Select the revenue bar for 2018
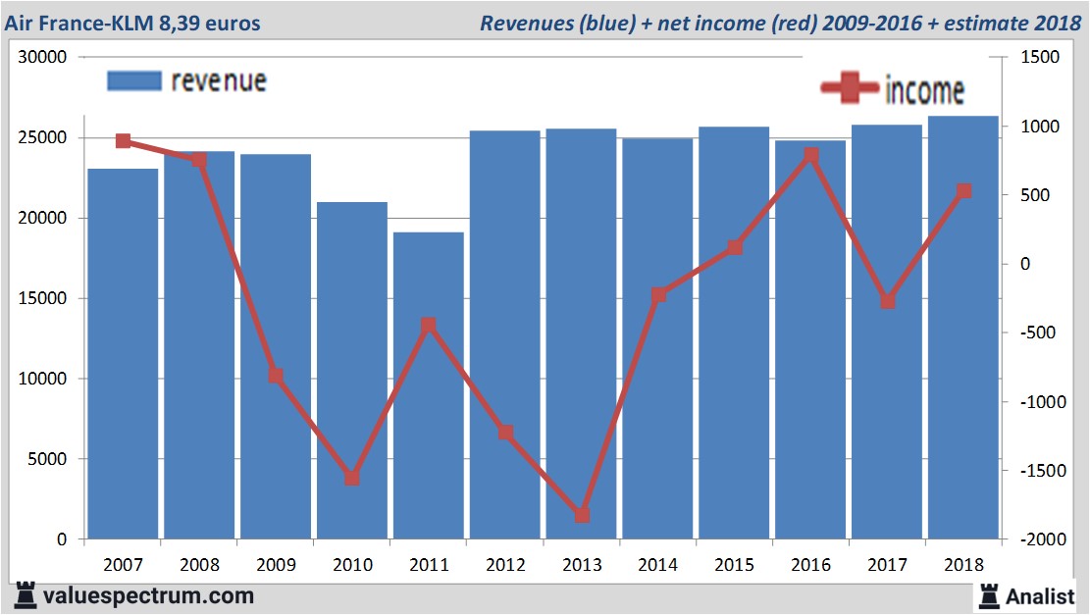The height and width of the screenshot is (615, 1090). coord(963,328)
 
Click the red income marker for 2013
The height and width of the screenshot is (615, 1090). coord(582,515)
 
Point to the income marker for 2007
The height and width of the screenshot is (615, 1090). coord(123,141)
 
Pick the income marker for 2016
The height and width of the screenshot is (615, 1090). coord(811,155)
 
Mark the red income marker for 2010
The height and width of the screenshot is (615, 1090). coord(352,478)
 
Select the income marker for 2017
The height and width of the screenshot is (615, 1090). coord(888,301)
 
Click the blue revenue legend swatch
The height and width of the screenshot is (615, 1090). coord(133,80)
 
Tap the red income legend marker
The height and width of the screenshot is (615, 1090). coord(850,89)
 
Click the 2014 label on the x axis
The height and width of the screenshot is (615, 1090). coord(658,565)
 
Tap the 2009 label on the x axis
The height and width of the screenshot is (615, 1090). coord(276,565)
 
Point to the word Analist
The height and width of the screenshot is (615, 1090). coord(1041,595)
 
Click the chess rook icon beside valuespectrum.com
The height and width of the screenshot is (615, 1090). coord(24,594)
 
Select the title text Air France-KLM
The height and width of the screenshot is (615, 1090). coord(78,22)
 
